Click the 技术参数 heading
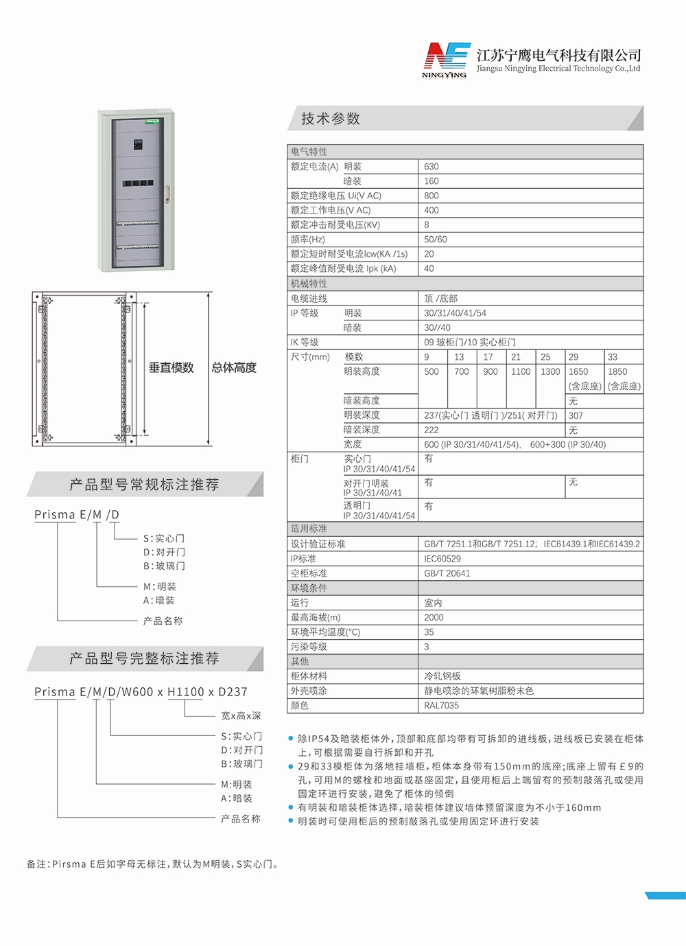tap(331, 119)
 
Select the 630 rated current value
tap(431, 167)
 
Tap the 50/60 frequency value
tap(435, 240)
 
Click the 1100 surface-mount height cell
tap(521, 371)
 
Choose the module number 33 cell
tap(613, 357)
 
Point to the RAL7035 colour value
tap(441, 706)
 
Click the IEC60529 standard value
tap(442, 559)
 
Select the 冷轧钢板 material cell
tap(442, 676)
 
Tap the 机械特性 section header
tap(309, 284)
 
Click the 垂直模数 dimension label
tap(171, 368)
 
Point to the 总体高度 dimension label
tap(234, 368)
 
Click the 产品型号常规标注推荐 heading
tap(144, 485)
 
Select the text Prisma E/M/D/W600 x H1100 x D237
tap(141, 692)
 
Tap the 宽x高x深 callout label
tap(241, 716)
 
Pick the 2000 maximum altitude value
tap(434, 618)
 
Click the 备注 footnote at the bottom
tap(153, 864)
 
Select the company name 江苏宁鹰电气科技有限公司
tap(558, 56)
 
